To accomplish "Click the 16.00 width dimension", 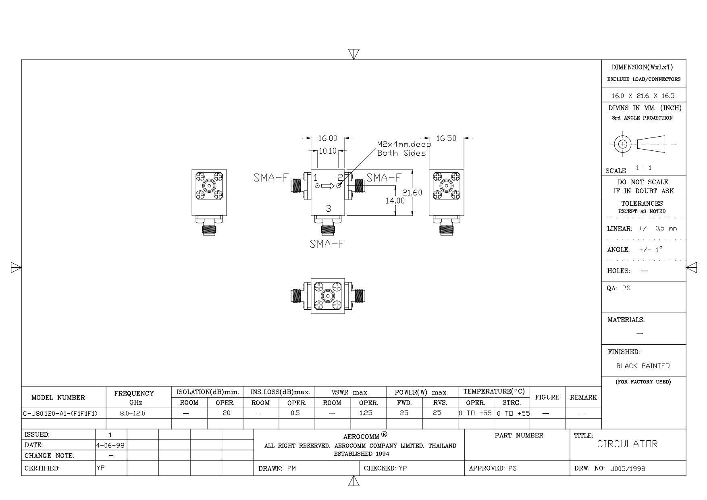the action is tap(327, 139).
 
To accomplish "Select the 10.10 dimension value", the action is tap(327, 151).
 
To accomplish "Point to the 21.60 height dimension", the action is tap(412, 193).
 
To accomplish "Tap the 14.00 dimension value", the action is tap(395, 200).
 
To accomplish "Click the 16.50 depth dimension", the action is tap(446, 138).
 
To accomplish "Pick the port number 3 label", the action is tap(328, 208).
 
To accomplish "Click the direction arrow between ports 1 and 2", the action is tap(328, 186).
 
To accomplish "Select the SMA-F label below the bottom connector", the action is tap(327, 244).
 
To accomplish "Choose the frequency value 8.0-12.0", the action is tap(133, 413).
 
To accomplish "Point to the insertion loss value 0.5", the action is tap(295, 413).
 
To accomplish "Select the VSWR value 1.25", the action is tap(366, 413).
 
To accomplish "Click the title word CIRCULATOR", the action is tap(627, 444).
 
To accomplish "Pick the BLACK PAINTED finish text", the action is tap(643, 366).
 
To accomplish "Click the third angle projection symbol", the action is tap(643, 144).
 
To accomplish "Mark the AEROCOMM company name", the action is tap(361, 437).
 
